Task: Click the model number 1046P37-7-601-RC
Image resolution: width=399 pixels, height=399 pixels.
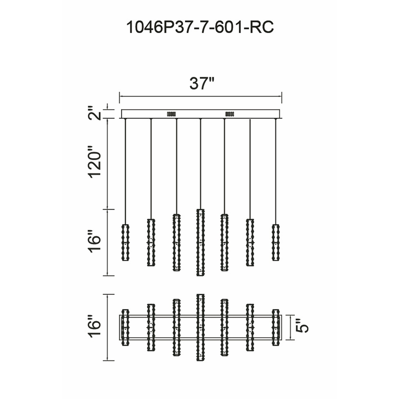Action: [200, 27]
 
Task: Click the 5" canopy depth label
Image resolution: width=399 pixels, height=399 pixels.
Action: [302, 326]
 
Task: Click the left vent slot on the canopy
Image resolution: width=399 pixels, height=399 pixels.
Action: [172, 114]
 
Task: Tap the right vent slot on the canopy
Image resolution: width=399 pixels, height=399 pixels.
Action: [229, 114]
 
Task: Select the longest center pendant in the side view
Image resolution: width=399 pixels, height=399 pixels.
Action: [200, 242]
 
